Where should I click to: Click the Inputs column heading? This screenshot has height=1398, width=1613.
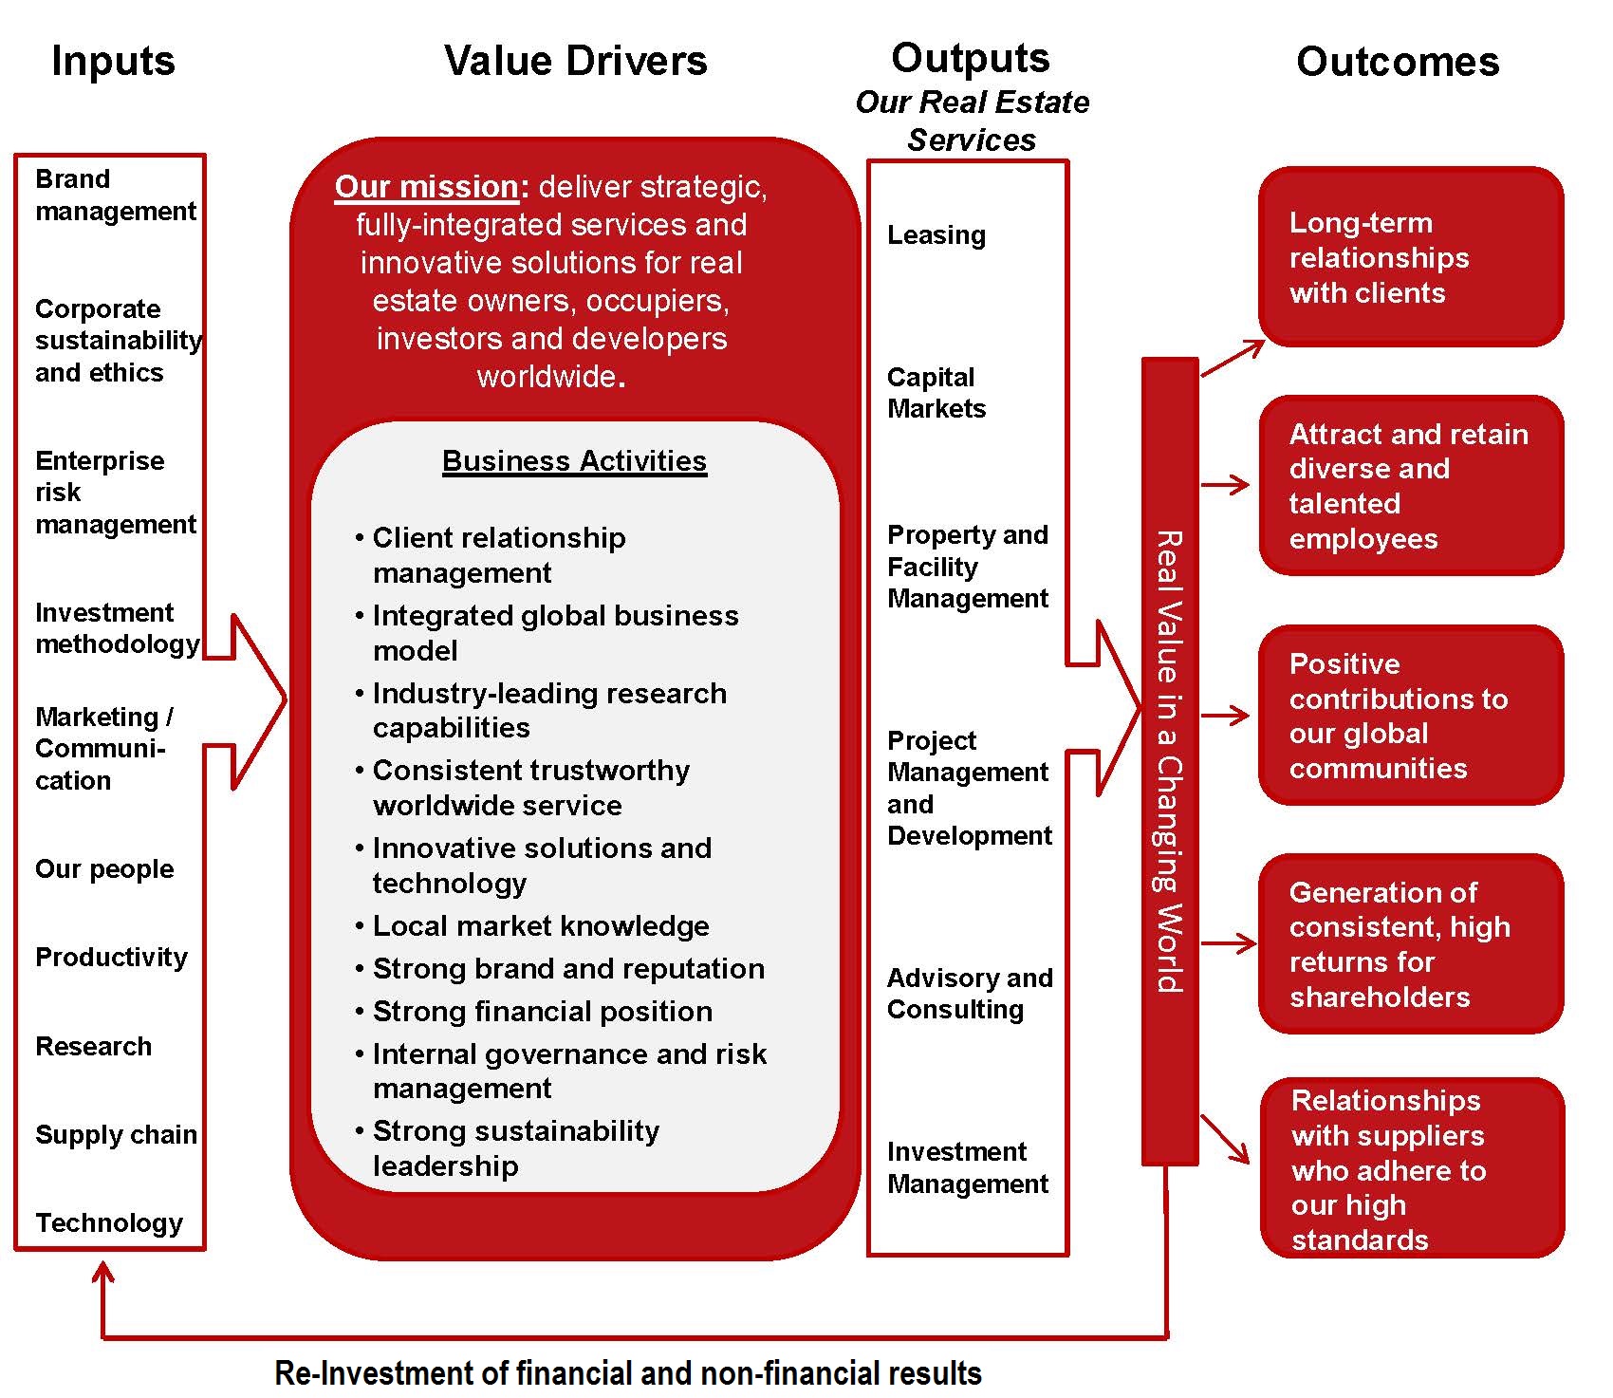point(113,61)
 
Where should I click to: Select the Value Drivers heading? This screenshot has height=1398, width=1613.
point(575,61)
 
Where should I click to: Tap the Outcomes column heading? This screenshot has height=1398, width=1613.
point(1397,62)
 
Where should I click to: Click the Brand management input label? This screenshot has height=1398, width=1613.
point(115,195)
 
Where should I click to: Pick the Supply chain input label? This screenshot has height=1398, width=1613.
point(116,1134)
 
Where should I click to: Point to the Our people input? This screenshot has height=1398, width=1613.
point(104,868)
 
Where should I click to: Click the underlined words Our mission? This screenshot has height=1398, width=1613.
point(426,186)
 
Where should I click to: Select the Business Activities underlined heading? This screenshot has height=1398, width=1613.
point(574,461)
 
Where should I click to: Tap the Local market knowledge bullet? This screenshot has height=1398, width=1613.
point(540,925)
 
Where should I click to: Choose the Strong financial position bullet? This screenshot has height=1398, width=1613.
point(542,1011)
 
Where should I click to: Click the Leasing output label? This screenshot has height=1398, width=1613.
point(936,234)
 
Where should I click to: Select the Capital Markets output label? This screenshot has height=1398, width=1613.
point(936,393)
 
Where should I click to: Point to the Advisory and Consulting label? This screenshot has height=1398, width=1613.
point(969,993)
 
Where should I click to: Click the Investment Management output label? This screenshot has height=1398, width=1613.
point(967,1167)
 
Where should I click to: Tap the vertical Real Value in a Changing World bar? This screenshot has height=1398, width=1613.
point(1169,760)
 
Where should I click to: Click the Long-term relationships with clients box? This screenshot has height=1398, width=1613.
point(1410,257)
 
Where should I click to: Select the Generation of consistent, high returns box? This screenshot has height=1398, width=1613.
point(1410,944)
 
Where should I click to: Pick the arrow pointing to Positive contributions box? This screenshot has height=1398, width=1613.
point(1226,716)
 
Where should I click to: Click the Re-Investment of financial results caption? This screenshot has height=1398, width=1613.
point(627,1372)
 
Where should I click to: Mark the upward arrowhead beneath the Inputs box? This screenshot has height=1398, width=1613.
point(102,1272)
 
